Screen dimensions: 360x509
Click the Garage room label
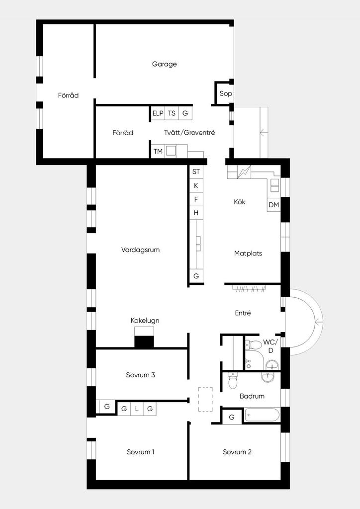pyautogui.click(x=164, y=64)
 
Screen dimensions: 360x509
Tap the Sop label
pyautogui.click(x=226, y=93)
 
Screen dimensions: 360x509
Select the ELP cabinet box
pyautogui.click(x=158, y=113)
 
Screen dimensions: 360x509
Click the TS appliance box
pyautogui.click(x=172, y=113)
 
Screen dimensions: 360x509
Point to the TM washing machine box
pyautogui.click(x=158, y=151)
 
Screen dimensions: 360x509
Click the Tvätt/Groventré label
pyautogui.click(x=189, y=132)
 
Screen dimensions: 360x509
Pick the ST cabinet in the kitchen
pyautogui.click(x=196, y=171)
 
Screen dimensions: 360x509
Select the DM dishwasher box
pyautogui.click(x=273, y=205)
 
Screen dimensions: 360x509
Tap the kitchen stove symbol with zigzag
pyautogui.click(x=244, y=172)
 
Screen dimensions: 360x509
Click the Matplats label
pyautogui.click(x=248, y=253)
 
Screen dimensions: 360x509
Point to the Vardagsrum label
pyautogui.click(x=141, y=250)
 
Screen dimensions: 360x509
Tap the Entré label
pyautogui.click(x=243, y=313)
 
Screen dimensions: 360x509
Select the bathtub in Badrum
pyautogui.click(x=262, y=415)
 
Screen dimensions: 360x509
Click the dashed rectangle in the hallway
pyautogui.click(x=205, y=399)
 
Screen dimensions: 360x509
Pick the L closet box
pyautogui.click(x=137, y=409)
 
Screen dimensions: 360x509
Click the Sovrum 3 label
pyautogui.click(x=141, y=375)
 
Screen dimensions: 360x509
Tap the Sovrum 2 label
pyautogui.click(x=237, y=452)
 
